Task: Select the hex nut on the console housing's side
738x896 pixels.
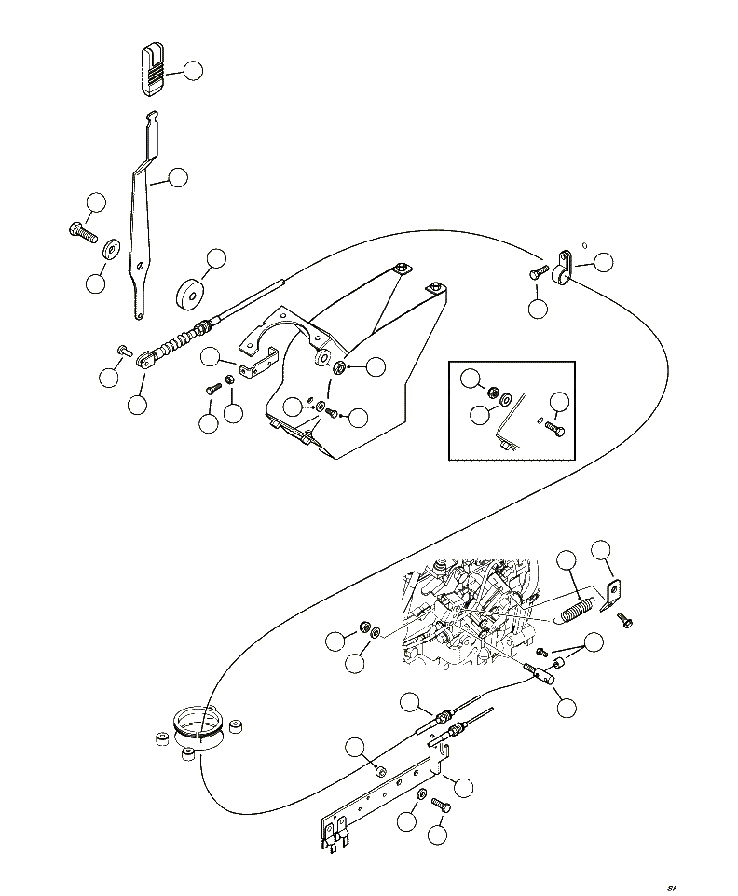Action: click(339, 367)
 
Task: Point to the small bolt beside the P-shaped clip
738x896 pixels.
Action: click(540, 273)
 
